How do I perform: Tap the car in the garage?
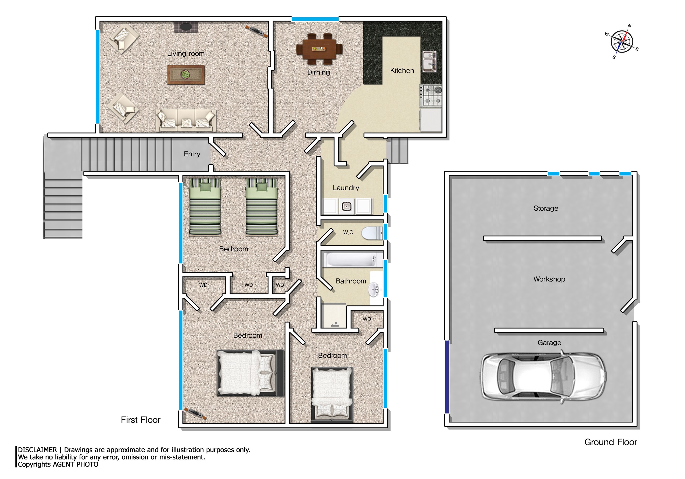point(543,377)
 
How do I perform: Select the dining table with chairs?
point(319,49)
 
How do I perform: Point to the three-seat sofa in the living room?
point(186,120)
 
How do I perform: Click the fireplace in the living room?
point(186,27)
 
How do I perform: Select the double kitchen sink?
point(430,61)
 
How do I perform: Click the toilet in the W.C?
point(372,233)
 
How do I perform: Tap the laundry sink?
point(346,206)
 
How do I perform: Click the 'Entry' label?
point(192,154)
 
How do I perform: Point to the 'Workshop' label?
point(549,279)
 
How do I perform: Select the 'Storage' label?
point(546,208)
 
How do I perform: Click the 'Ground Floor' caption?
point(611,442)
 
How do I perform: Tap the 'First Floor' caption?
point(141,420)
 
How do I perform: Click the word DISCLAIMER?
point(37,450)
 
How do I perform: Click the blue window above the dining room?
point(315,19)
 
